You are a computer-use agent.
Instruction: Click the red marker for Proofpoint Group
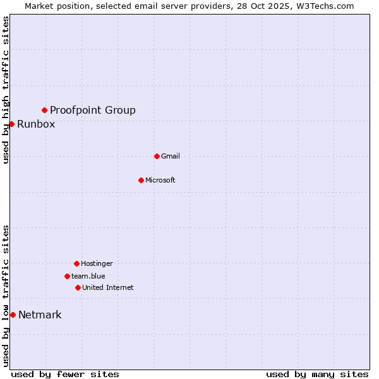[44, 111]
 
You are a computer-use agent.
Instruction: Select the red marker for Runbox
[11, 124]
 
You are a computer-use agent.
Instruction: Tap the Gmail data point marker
[157, 156]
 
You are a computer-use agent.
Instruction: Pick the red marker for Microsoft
[141, 180]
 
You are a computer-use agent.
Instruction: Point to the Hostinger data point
[76, 263]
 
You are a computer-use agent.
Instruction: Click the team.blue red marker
[67, 276]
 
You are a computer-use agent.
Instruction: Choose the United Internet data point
[78, 287]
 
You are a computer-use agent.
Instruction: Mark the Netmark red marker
[13, 315]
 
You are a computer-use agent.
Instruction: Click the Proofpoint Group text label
[93, 111]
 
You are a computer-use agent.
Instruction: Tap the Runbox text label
[36, 124]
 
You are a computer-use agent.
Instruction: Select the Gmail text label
[171, 156]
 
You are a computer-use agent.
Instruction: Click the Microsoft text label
[160, 180]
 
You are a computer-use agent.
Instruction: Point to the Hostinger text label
[97, 263]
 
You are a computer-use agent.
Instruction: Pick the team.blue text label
[88, 276]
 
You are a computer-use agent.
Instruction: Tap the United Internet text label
[108, 287]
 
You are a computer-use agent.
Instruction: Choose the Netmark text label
[40, 315]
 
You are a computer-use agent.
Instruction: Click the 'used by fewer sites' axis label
[65, 374]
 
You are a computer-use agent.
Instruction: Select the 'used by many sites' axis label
[317, 374]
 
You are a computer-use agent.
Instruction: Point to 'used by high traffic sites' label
[6, 90]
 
